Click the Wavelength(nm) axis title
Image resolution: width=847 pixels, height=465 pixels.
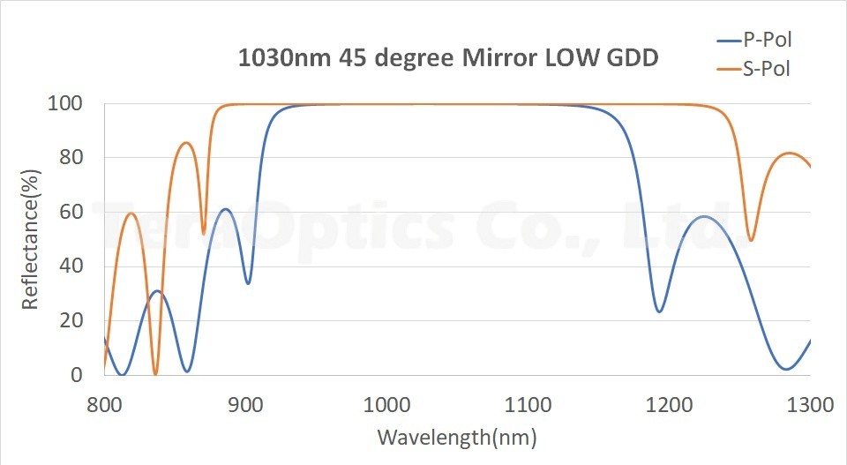(x=457, y=437)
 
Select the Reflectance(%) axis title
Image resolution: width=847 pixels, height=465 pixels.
(x=30, y=240)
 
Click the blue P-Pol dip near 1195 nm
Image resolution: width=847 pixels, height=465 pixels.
(x=659, y=311)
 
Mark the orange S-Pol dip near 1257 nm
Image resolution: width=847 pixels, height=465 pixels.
(x=751, y=240)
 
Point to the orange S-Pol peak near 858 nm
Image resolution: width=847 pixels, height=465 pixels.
(x=186, y=143)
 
